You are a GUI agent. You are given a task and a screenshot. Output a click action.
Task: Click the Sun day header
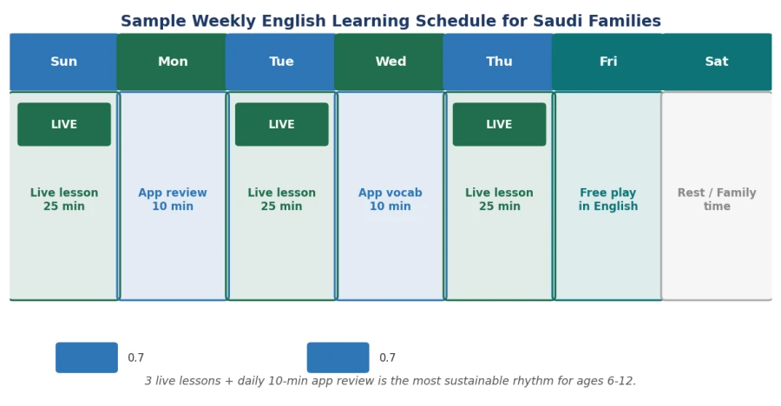click(63, 62)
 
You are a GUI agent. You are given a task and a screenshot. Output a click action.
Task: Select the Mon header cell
click(173, 62)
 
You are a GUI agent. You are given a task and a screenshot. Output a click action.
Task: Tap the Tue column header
click(281, 62)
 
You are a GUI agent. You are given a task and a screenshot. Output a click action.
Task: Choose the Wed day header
click(390, 62)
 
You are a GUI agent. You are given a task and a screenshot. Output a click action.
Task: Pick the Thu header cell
click(499, 62)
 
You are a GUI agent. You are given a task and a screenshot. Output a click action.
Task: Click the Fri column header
click(608, 62)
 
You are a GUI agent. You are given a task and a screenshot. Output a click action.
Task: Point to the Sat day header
click(717, 62)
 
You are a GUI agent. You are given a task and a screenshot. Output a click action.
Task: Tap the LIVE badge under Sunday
click(64, 125)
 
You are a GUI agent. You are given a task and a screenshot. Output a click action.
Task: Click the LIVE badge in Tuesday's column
click(282, 125)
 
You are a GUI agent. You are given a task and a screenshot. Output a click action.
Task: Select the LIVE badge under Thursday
click(500, 125)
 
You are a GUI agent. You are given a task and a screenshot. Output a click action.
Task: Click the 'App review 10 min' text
click(173, 200)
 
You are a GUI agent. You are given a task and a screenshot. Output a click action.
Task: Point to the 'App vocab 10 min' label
click(390, 200)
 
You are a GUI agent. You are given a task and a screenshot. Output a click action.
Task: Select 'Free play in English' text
click(608, 200)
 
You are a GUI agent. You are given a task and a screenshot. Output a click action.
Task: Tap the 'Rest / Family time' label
click(717, 200)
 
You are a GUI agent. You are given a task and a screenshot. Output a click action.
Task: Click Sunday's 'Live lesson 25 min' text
click(64, 200)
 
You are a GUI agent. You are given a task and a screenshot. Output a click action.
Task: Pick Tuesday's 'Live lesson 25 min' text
click(282, 200)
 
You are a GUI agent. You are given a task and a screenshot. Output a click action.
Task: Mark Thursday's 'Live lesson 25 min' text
click(500, 200)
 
